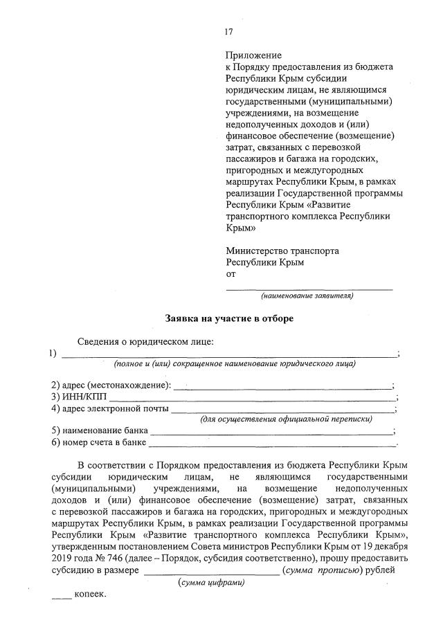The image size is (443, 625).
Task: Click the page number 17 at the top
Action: click(x=228, y=31)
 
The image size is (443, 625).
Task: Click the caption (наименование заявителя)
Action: click(x=307, y=296)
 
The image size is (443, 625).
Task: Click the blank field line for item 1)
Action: click(x=228, y=356)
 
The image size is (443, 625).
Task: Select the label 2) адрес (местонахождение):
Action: click(x=110, y=385)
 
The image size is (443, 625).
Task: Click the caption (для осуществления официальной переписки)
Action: click(x=286, y=419)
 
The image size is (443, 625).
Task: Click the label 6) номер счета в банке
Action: click(x=99, y=442)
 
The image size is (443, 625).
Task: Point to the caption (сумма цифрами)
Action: click(x=211, y=582)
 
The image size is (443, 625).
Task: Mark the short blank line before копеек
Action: click(x=62, y=598)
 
